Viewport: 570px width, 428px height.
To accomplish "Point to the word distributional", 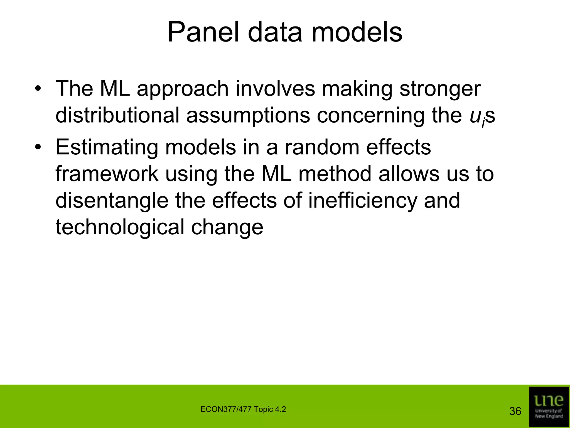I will [x=117, y=115].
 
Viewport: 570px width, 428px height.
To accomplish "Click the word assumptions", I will [x=248, y=115].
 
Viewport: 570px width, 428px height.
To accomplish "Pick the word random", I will [x=321, y=147].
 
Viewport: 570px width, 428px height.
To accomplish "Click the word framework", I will [x=107, y=174].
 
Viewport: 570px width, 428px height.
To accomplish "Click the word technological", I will [x=120, y=227].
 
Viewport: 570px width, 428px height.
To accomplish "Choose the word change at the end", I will [x=227, y=227].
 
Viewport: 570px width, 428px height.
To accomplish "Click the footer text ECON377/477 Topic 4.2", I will [x=243, y=409].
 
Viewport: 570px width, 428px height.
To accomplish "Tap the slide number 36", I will [x=515, y=411].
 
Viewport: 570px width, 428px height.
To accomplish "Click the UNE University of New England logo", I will [x=549, y=407].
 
